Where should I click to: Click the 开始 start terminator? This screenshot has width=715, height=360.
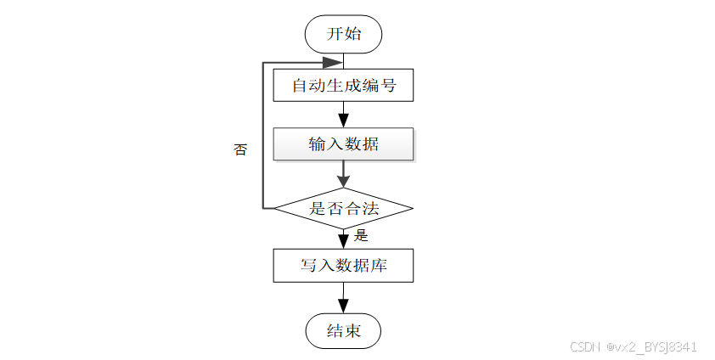(343, 35)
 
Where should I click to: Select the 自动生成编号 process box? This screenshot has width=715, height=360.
(343, 86)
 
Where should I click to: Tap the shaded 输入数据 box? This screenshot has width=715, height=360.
(343, 144)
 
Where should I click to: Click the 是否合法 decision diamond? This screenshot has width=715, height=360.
(343, 208)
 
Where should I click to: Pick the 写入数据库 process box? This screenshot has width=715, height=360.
(343, 266)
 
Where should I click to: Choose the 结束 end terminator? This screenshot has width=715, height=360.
(343, 331)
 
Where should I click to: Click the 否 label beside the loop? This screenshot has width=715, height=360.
(240, 149)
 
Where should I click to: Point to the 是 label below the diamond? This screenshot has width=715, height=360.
(360, 235)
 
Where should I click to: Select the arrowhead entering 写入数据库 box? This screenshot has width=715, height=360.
(343, 241)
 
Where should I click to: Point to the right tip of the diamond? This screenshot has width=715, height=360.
(412, 208)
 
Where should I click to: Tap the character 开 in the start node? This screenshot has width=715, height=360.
(335, 35)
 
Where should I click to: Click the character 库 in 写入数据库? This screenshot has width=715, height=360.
(379, 266)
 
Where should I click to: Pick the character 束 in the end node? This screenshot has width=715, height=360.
(352, 331)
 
